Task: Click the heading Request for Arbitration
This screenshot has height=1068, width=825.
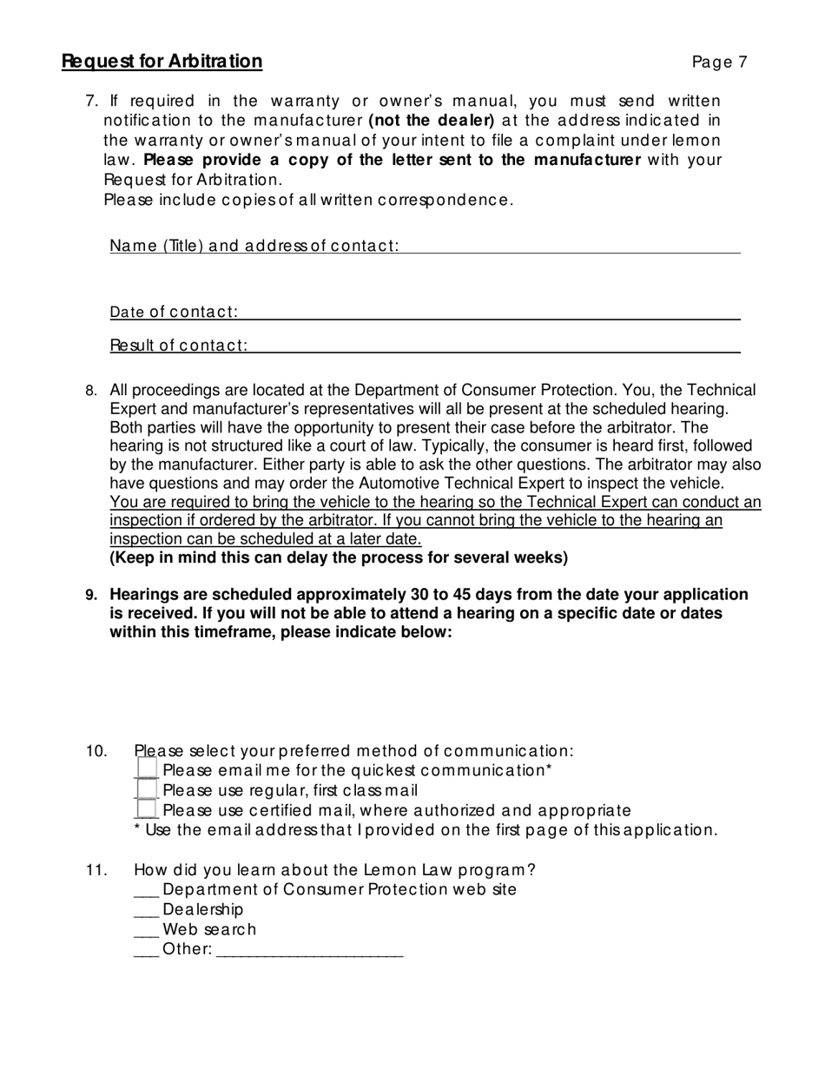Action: coord(162,62)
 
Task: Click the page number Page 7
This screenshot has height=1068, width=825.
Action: coord(719,62)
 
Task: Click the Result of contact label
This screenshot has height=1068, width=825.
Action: coord(178,346)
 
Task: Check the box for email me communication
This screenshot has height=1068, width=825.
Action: coord(148,769)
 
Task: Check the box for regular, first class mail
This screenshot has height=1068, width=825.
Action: coord(148,789)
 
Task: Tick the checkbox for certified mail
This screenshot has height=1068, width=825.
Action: coord(148,809)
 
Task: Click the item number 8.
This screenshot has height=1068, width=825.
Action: coord(91,391)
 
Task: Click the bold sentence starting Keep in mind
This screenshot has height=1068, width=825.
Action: coord(339,557)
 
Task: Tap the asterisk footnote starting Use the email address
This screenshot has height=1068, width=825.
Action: coord(426,830)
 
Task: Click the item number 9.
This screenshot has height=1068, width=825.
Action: coord(91,595)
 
